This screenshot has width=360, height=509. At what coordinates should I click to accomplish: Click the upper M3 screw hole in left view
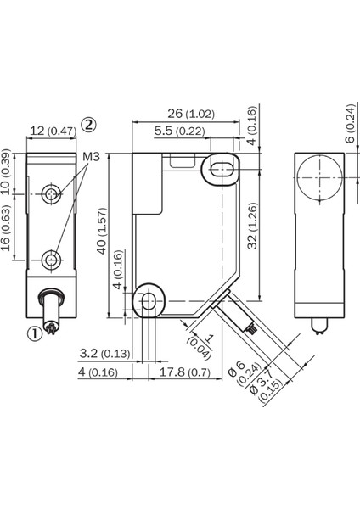point(53,195)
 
